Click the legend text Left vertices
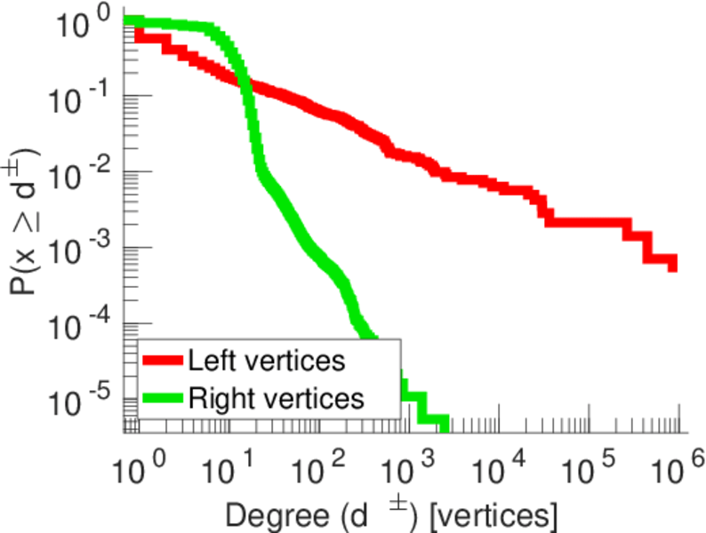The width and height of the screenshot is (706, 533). (x=266, y=361)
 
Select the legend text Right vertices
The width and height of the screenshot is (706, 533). (x=275, y=397)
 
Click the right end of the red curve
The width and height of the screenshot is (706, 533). (x=672, y=264)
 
